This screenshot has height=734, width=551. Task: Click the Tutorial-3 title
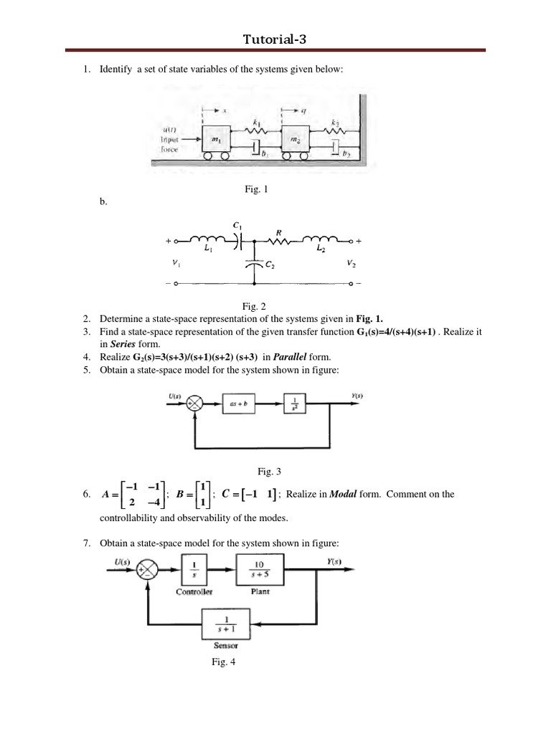click(x=275, y=39)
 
